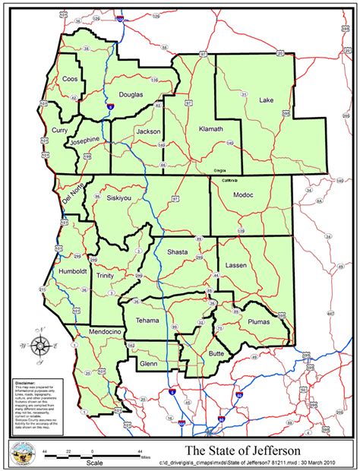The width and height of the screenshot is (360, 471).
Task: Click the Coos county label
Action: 70,78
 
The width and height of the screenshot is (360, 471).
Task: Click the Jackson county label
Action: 148,131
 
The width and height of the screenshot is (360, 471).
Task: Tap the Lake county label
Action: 266,100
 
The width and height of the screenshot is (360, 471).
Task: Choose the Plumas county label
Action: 259,322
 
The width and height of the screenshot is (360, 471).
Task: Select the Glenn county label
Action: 147,364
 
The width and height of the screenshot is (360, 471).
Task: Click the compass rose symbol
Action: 42,344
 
